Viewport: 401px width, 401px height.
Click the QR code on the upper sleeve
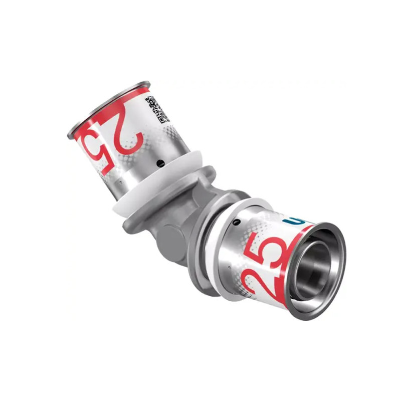coord(156,110)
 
